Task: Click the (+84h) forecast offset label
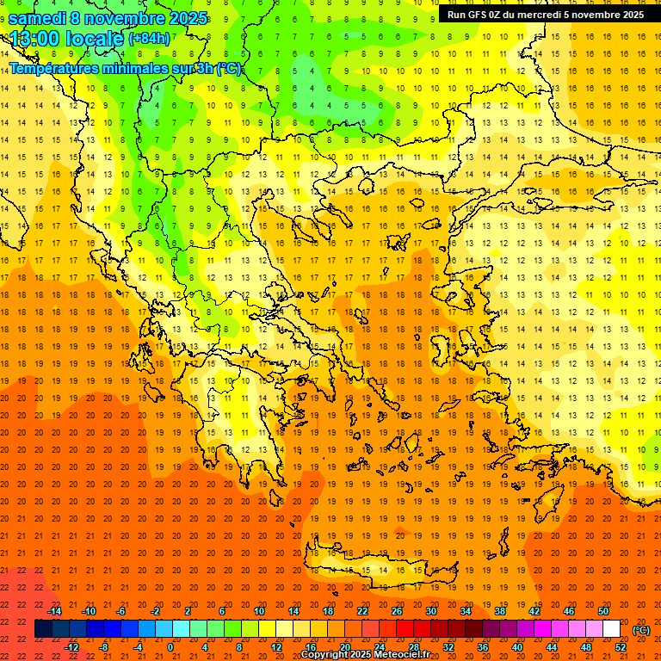149,39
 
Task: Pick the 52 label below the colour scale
621,647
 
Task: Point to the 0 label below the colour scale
170,647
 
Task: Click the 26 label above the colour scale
397,611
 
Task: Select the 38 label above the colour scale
500,611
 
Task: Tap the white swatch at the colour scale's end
612,629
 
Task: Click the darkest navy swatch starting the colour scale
43,629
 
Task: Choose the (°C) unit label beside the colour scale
640,630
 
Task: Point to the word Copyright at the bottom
324,655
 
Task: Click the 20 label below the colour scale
344,647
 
